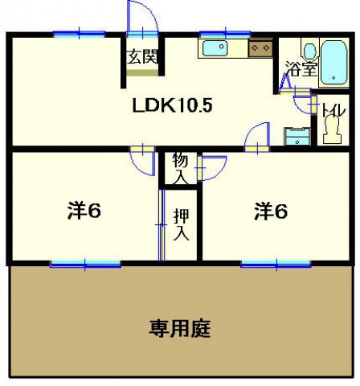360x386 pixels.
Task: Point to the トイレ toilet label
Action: click(329, 111)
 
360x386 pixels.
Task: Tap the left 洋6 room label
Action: click(84, 211)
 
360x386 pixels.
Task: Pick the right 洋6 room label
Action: click(272, 211)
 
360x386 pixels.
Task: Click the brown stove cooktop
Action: click(260, 49)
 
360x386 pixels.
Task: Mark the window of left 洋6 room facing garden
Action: click(79, 263)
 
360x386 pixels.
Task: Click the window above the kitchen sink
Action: click(224, 33)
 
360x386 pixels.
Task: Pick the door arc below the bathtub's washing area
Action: click(303, 102)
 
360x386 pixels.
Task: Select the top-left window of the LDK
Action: click(79, 33)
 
